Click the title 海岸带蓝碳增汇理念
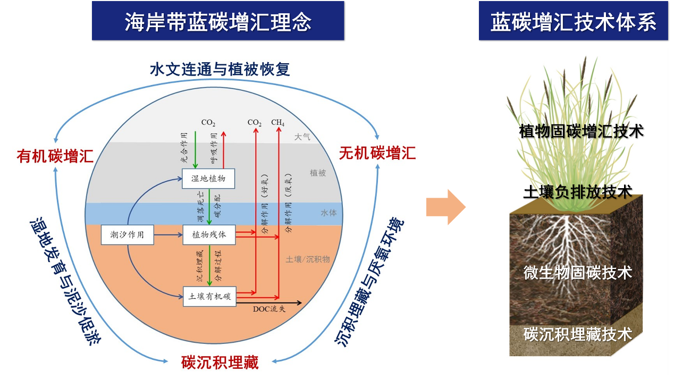point(218,21)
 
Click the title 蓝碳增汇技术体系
point(573,21)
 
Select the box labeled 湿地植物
point(208,179)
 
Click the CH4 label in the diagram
point(278,123)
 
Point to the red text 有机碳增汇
point(55,156)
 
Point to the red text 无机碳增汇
point(377,154)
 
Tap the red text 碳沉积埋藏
point(220,362)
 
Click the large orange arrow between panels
point(446,207)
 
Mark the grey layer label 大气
point(302,137)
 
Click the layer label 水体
point(328,213)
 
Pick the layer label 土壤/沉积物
point(308,259)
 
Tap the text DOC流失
point(268,309)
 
